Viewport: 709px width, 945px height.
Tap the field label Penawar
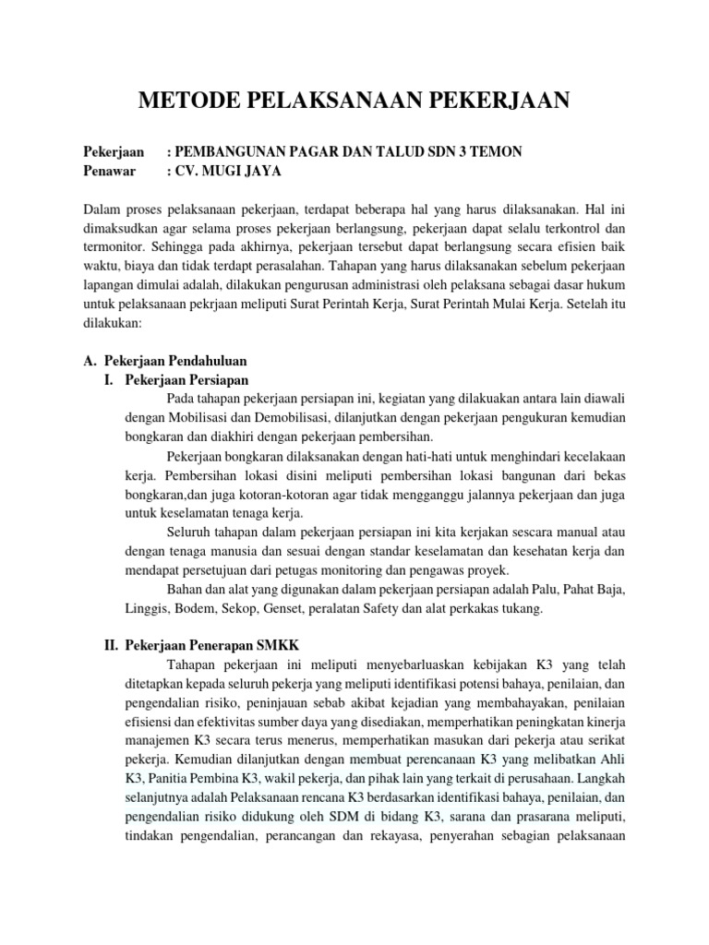(x=110, y=171)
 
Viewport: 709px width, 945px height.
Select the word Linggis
(x=146, y=608)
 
